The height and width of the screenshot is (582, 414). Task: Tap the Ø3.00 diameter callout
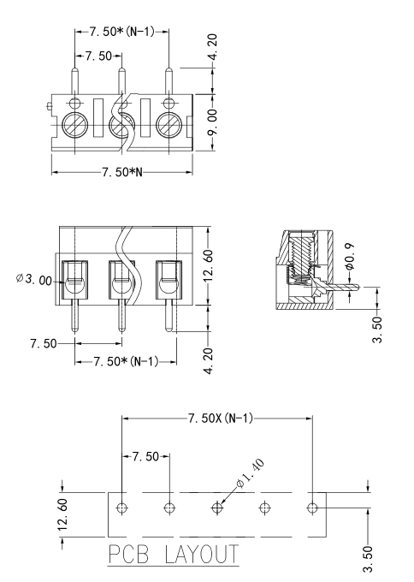point(33,280)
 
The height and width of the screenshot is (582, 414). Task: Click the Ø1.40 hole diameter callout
point(253,472)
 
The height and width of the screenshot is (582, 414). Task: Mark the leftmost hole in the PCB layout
point(123,508)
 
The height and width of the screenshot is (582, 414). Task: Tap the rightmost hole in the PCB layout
point(312,508)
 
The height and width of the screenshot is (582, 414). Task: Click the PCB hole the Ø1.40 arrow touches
point(217,508)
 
